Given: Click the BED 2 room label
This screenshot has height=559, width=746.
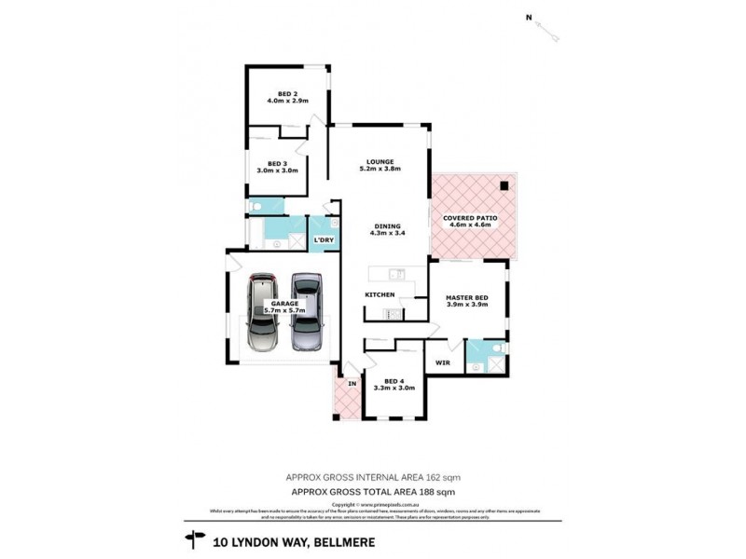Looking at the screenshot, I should coord(287,94).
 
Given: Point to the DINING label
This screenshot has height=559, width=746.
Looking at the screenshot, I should coord(387,225).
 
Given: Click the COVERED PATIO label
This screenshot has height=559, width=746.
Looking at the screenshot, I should coord(471,217).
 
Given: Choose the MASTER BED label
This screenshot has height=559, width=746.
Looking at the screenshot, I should coord(468,297).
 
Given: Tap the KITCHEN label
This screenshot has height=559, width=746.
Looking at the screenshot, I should coord(380,295).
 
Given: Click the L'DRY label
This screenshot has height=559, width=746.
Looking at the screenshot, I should coord(324,240).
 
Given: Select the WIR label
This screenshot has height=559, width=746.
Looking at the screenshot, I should coord(443,361).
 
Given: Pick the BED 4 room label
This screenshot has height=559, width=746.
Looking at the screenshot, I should coord(394,380).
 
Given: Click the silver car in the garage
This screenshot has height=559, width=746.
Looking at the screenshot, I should coord(261,312).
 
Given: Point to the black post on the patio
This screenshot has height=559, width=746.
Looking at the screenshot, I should coord(504,184).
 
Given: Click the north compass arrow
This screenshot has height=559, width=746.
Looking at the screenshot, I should coord(550,34).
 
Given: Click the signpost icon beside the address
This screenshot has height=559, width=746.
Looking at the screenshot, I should coord(196,538).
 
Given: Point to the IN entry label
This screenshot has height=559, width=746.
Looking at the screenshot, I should coord(352,383).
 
